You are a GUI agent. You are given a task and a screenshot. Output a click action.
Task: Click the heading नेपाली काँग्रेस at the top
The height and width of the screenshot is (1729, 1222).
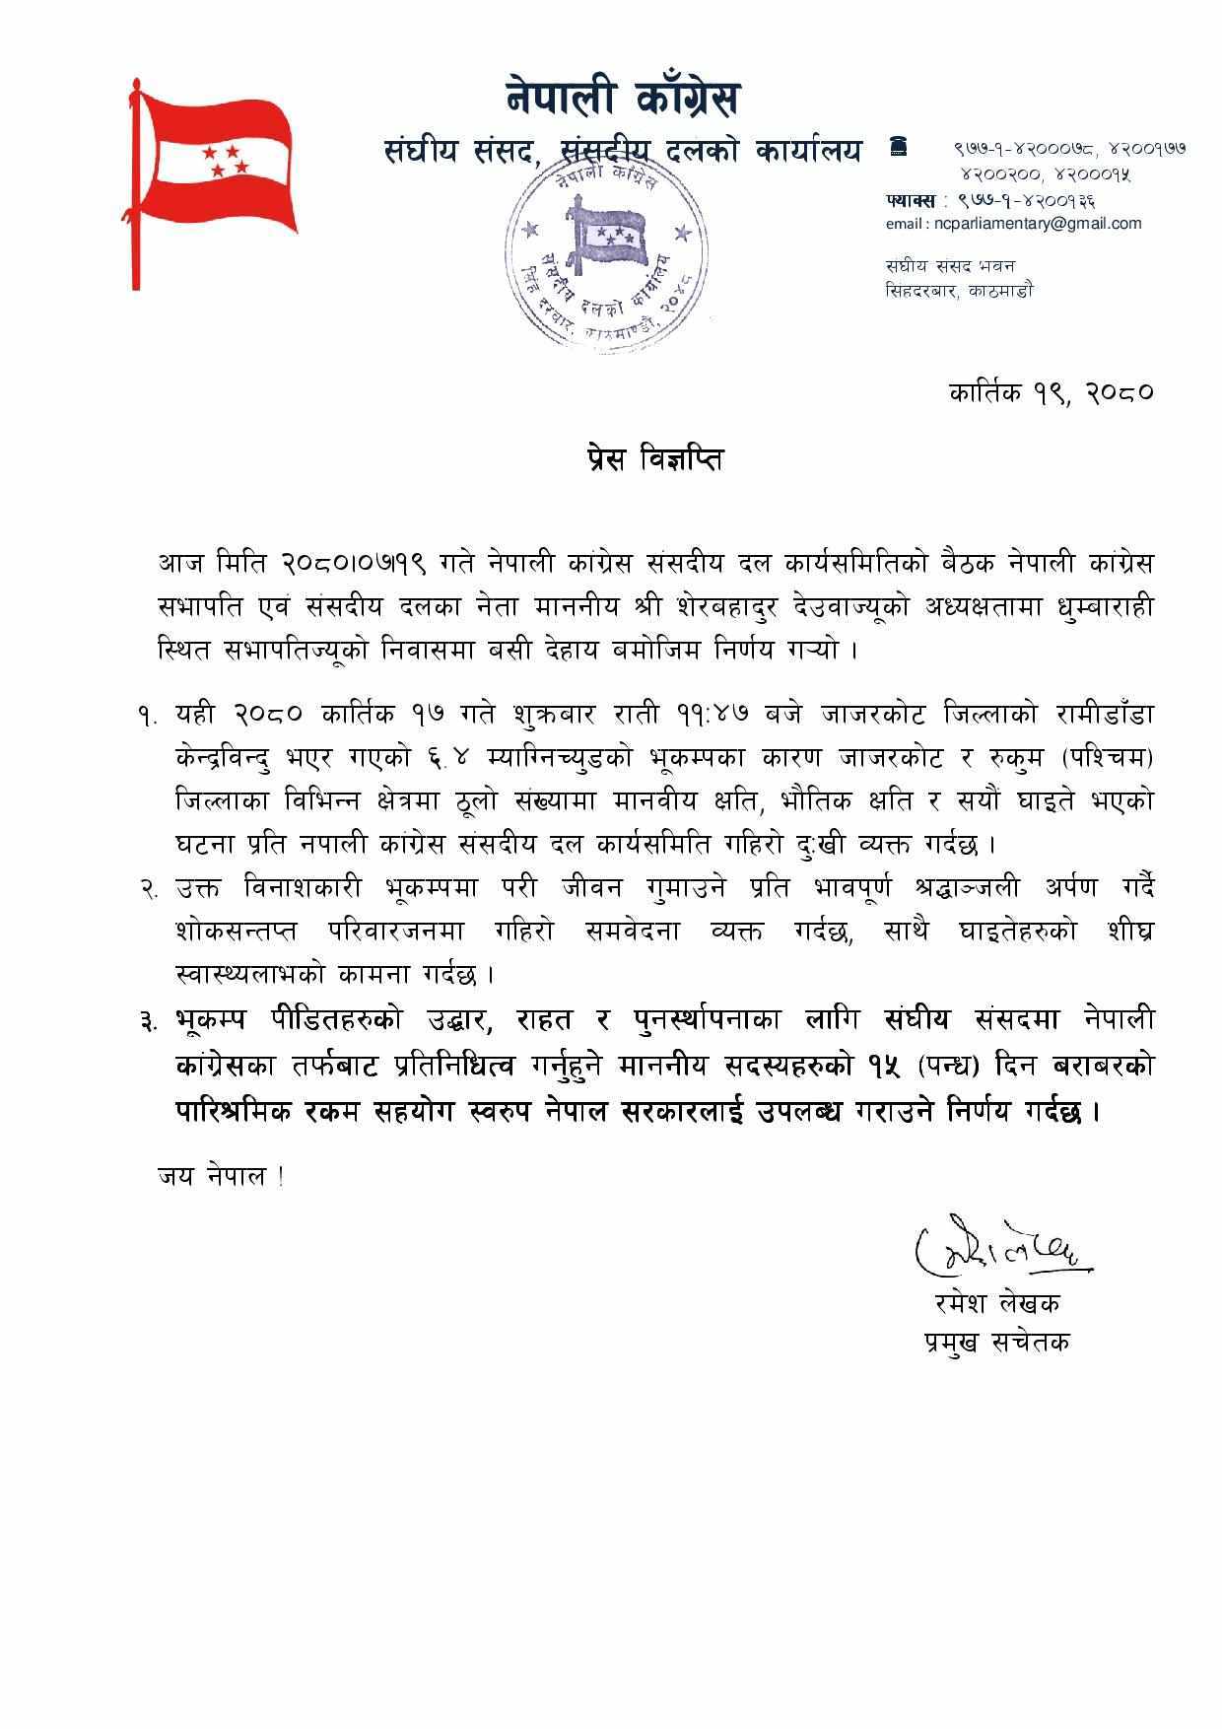[x=622, y=100]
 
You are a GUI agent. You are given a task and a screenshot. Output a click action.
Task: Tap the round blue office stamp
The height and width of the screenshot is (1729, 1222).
[x=607, y=258]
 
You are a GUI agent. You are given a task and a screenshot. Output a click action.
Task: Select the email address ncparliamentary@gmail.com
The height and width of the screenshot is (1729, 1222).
[x=1013, y=223]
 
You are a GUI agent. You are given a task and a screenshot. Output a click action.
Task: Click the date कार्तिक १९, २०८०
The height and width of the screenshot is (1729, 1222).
[x=1051, y=391]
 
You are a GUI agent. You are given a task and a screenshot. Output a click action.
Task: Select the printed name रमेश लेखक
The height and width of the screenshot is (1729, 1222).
[x=997, y=1303]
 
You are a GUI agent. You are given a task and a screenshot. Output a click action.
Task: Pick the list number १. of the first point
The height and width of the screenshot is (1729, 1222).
[x=149, y=714]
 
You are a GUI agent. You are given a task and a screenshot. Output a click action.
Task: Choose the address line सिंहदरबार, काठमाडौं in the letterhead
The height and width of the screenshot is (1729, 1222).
[x=959, y=291]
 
